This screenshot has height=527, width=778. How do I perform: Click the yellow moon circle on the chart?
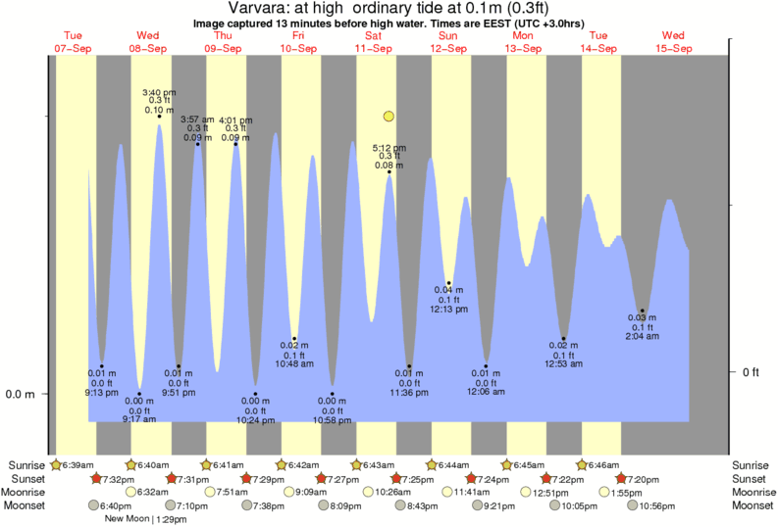click(x=389, y=117)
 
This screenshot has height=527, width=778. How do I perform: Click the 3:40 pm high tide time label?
click(x=160, y=92)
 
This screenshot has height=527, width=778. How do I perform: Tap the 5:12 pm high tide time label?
click(x=389, y=148)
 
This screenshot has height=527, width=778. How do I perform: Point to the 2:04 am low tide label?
click(x=643, y=336)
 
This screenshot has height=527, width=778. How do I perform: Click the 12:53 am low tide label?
click(x=565, y=363)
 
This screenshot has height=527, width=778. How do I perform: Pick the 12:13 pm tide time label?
click(x=448, y=309)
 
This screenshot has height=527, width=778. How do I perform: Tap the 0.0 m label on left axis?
click(x=22, y=395)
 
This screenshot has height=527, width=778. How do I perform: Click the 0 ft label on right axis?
click(x=752, y=372)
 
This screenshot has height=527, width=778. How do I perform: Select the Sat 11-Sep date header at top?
click(x=374, y=42)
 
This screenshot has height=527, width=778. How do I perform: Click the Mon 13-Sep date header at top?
click(x=523, y=42)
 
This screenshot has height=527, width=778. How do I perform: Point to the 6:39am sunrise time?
click(x=76, y=464)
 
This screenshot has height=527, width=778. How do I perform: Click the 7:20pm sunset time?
click(x=641, y=478)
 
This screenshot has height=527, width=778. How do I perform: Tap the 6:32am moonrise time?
click(x=153, y=492)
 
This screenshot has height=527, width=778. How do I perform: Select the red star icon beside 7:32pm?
click(x=97, y=478)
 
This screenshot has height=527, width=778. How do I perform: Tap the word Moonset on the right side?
click(x=752, y=505)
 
